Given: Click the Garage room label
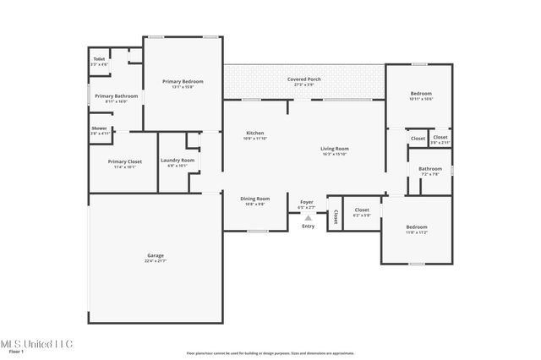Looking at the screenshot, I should pyautogui.click(x=155, y=254).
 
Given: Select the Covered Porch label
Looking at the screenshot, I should pyautogui.click(x=303, y=79).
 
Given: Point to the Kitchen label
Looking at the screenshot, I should pyautogui.click(x=255, y=133).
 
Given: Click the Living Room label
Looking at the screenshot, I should pyautogui.click(x=334, y=149).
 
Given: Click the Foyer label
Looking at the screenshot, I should pyautogui.click(x=307, y=202).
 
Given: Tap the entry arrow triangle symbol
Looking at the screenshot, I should pyautogui.click(x=308, y=217).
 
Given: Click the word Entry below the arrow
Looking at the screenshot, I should pyautogui.click(x=308, y=226).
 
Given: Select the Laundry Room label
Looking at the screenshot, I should pyautogui.click(x=178, y=160).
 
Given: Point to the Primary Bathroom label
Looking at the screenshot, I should pyautogui.click(x=116, y=96).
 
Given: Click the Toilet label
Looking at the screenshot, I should pyautogui.click(x=99, y=59).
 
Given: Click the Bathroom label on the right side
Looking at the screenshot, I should pyautogui.click(x=429, y=168).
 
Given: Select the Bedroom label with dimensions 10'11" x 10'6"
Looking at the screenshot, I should pyautogui.click(x=421, y=93).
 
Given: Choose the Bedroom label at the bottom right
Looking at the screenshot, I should pyautogui.click(x=416, y=226).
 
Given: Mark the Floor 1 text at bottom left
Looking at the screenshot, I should pyautogui.click(x=16, y=351).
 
